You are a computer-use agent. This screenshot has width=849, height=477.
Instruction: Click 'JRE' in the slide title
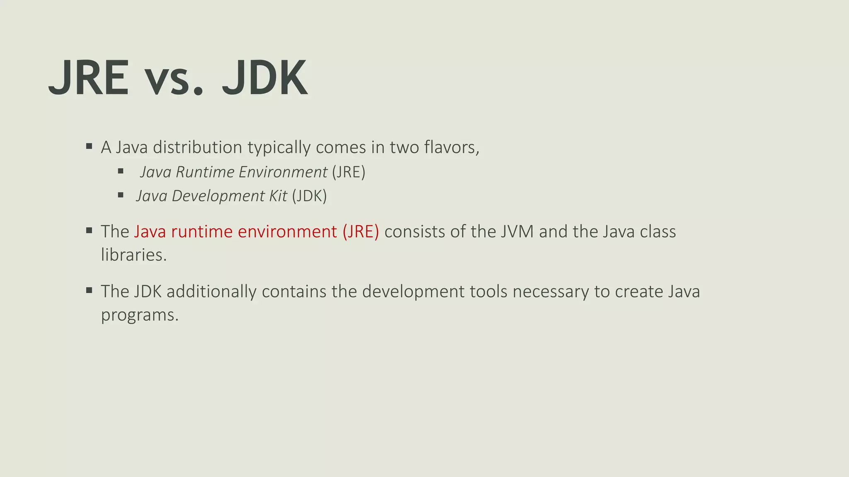(x=89, y=78)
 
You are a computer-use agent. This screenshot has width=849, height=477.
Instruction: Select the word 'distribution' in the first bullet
(x=197, y=147)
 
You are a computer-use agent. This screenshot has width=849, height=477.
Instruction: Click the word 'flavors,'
(x=451, y=147)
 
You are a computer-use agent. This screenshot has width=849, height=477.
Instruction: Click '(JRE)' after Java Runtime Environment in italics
(x=349, y=172)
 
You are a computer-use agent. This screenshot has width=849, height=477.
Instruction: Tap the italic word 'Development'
(x=218, y=196)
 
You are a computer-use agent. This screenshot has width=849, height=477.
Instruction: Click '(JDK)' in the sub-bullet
(x=309, y=196)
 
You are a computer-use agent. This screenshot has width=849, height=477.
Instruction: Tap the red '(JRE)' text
(x=361, y=232)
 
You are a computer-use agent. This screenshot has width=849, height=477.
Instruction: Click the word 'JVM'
(x=517, y=232)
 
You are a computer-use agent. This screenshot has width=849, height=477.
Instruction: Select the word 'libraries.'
(x=133, y=255)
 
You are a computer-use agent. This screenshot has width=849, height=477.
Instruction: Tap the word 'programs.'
(x=140, y=316)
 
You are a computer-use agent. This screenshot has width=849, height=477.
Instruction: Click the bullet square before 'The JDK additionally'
(x=89, y=290)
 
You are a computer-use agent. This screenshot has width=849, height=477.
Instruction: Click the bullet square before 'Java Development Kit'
(x=121, y=195)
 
